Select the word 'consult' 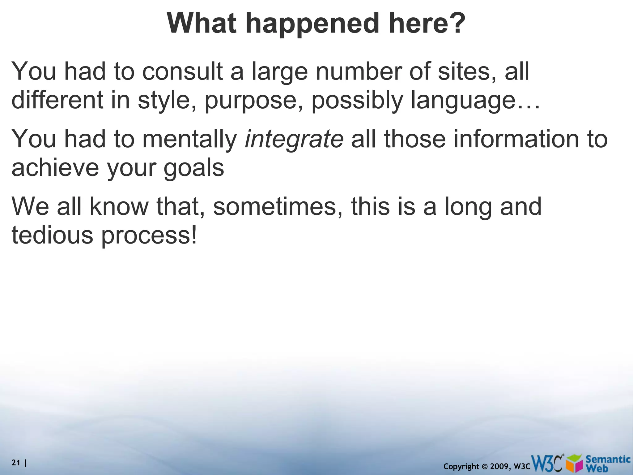click(182, 71)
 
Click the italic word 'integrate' click(294, 139)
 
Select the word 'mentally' click(189, 139)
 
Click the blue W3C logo click(547, 463)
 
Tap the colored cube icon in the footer click(574, 463)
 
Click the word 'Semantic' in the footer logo click(608, 459)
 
